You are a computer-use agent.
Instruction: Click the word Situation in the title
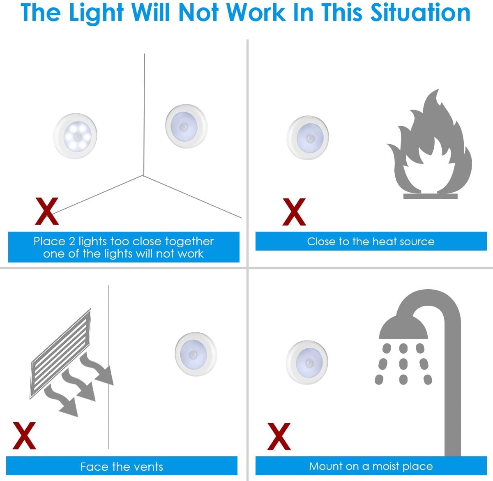pyautogui.click(x=420, y=13)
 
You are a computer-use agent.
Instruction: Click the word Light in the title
pyautogui.click(x=96, y=14)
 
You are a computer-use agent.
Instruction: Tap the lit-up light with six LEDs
pyautogui.click(x=75, y=136)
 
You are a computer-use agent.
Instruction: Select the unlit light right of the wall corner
pyautogui.click(x=186, y=126)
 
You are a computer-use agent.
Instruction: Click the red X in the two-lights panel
pyautogui.click(x=47, y=211)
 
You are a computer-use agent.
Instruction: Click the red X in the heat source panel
pyautogui.click(x=294, y=212)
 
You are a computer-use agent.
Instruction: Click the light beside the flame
pyautogui.click(x=308, y=138)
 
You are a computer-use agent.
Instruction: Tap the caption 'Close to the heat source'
pyautogui.click(x=371, y=242)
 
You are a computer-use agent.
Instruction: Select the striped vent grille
pyautogui.click(x=60, y=354)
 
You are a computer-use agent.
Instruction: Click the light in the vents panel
pyautogui.click(x=196, y=354)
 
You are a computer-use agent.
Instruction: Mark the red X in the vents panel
pyautogui.click(x=24, y=436)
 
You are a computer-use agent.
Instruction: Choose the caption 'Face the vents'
pyautogui.click(x=122, y=467)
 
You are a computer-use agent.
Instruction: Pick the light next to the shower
pyautogui.click(x=307, y=362)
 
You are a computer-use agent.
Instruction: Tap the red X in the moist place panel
pyautogui.click(x=279, y=436)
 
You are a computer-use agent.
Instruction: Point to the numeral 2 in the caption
pyautogui.click(x=72, y=242)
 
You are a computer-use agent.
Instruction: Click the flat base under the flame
pyautogui.click(x=431, y=196)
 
